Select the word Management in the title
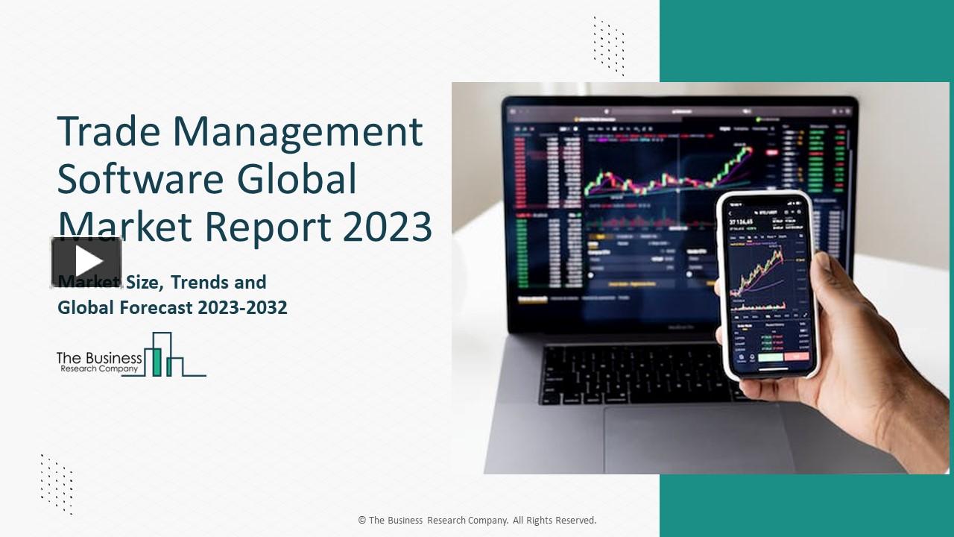click(x=298, y=132)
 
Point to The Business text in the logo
click(x=99, y=359)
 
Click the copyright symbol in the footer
click(x=361, y=521)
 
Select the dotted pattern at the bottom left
click(x=57, y=483)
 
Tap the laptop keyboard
click(x=634, y=373)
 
